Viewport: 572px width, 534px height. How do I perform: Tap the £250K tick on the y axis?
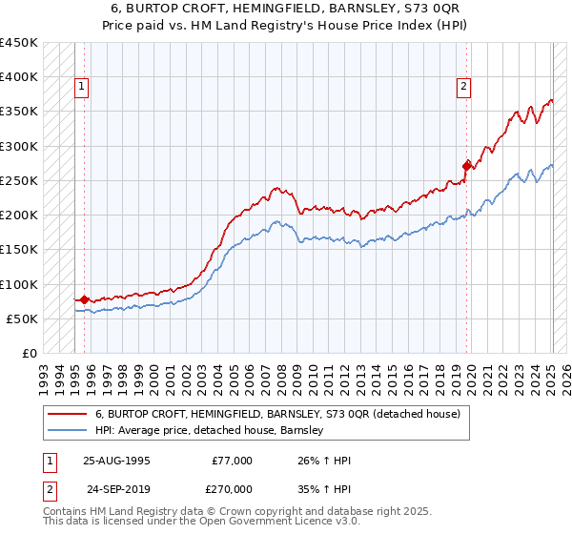[18, 180]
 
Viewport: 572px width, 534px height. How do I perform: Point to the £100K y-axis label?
[18, 284]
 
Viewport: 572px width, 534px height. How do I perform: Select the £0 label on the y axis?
[29, 354]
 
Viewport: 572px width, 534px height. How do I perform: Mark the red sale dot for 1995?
[84, 300]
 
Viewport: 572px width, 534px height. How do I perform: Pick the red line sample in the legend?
[69, 414]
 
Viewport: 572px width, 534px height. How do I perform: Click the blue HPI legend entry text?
[210, 431]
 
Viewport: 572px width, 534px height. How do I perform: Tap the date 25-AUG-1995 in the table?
[116, 461]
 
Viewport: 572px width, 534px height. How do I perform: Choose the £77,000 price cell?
[232, 461]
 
